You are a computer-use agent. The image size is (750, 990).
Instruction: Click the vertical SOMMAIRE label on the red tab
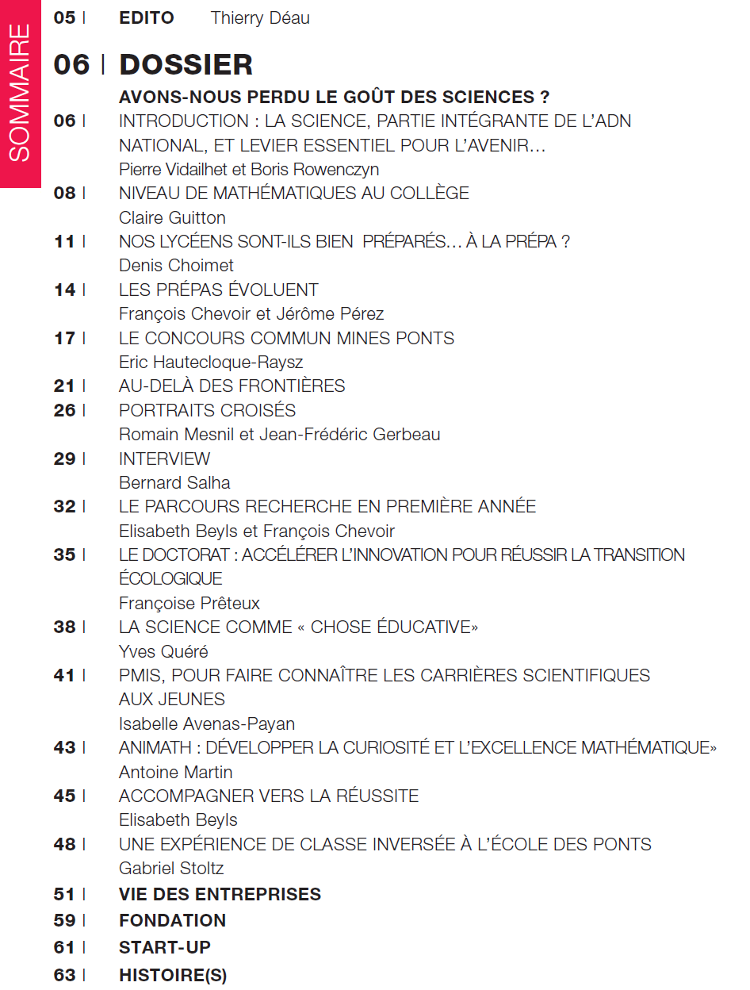tap(21, 94)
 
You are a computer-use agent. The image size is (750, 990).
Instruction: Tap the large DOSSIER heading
tap(186, 64)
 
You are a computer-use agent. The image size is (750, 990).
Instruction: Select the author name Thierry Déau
tap(260, 17)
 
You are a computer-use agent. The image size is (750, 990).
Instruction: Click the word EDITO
tap(146, 17)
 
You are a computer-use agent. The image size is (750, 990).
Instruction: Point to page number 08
tap(64, 194)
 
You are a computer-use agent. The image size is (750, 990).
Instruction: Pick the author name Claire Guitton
tap(172, 217)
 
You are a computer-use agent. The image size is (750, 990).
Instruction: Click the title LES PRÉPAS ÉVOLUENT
tap(218, 290)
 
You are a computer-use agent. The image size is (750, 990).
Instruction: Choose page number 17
tap(64, 338)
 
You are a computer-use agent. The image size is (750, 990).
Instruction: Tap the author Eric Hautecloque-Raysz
tap(211, 362)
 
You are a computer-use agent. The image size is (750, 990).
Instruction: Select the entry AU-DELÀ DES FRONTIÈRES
tap(232, 386)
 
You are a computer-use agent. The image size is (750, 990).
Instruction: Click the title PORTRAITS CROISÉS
tap(207, 410)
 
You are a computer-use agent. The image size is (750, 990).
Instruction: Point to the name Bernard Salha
tap(174, 482)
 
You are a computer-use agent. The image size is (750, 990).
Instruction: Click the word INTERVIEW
tap(164, 459)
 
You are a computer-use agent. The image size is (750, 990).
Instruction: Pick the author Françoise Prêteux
tap(189, 604)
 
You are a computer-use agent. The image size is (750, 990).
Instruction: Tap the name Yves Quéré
tap(163, 651)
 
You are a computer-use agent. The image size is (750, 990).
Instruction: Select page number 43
tap(64, 747)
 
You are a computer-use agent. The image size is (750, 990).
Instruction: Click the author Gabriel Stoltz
tap(171, 869)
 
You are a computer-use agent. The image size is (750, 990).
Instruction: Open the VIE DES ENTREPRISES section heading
tap(220, 894)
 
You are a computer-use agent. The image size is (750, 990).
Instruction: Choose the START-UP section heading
tap(165, 947)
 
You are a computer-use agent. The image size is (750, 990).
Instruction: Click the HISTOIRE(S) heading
tap(173, 976)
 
